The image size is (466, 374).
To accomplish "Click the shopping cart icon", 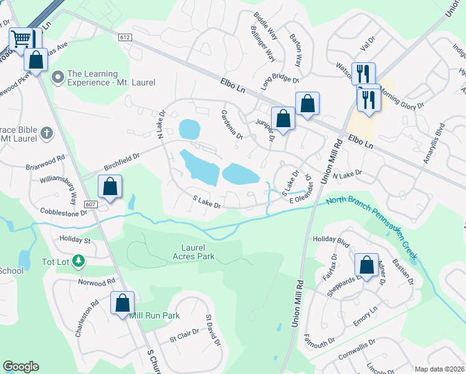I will click(x=21, y=39).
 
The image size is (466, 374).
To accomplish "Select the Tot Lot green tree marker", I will click(x=78, y=260).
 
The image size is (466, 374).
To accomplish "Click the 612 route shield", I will click(x=125, y=37).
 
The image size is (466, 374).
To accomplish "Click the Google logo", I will click(x=21, y=367).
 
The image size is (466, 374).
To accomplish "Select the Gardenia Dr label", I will click(x=231, y=125).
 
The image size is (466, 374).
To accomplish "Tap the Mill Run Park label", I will click(x=155, y=315).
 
